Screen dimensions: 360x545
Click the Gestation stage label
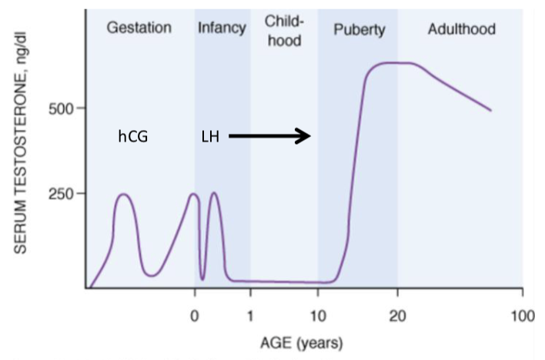coord(139,28)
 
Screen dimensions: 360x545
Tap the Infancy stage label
coord(222,28)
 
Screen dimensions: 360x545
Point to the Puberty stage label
coord(359,30)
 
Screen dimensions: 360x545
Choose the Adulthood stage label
coord(461,29)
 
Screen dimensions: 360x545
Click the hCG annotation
coord(132,137)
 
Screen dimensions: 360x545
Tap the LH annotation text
coord(209,137)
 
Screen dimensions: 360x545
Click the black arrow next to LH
coord(269,136)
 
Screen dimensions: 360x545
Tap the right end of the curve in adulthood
coord(490,110)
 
